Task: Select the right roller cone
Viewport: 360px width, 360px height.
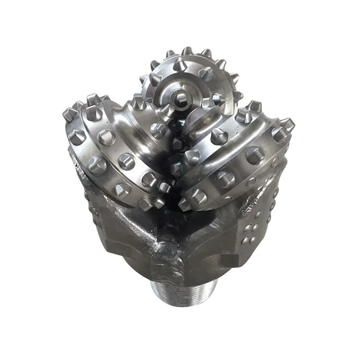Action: pyautogui.click(x=235, y=154)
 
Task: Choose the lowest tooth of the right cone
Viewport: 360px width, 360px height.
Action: pyautogui.click(x=185, y=204)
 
